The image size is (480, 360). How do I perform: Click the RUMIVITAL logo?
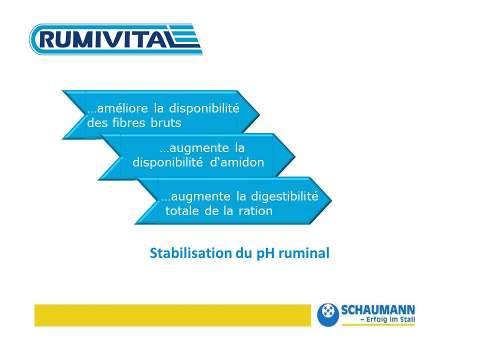click(x=116, y=39)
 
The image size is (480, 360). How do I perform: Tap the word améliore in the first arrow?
click(x=118, y=108)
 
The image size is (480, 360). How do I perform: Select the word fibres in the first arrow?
click(x=128, y=123)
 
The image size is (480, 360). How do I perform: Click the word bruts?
click(x=166, y=123)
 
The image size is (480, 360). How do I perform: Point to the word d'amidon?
click(x=237, y=162)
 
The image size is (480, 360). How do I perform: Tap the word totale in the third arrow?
click(x=182, y=211)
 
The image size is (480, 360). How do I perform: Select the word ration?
click(x=255, y=211)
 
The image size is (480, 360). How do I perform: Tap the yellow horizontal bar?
click(x=172, y=315)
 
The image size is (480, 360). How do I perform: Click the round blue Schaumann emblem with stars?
click(x=328, y=314)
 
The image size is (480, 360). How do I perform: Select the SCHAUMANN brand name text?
click(x=378, y=310)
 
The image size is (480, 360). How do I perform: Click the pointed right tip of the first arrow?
click(x=259, y=115)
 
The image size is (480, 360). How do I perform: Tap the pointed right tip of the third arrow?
click(x=331, y=200)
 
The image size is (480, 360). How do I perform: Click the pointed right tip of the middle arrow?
click(x=295, y=156)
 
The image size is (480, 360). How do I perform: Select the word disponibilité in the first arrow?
click(x=204, y=108)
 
